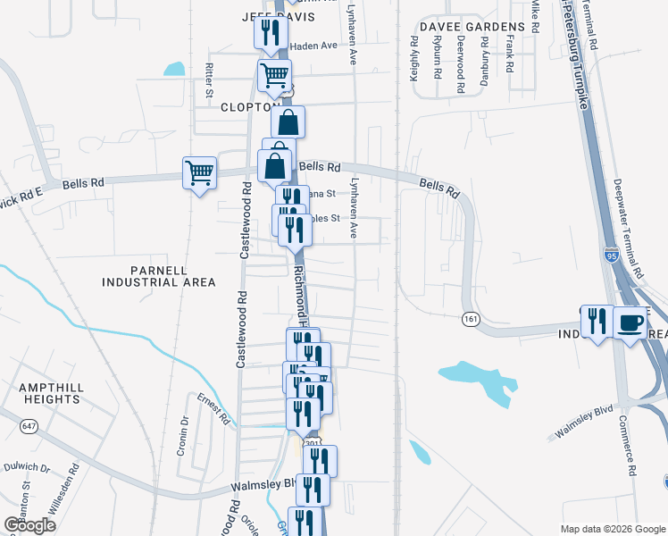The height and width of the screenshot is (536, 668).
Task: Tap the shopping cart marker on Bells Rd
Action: (199, 172)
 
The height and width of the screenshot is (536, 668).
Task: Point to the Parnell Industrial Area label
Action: (159, 276)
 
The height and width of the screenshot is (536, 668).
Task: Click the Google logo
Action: (29, 524)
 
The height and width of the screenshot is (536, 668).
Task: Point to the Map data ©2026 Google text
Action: (612, 528)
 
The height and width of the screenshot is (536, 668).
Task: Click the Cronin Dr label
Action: (182, 435)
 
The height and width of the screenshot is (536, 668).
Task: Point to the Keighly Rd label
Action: (415, 59)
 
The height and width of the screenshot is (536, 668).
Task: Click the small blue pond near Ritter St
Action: (175, 69)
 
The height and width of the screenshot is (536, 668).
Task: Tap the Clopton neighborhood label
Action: (245, 107)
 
